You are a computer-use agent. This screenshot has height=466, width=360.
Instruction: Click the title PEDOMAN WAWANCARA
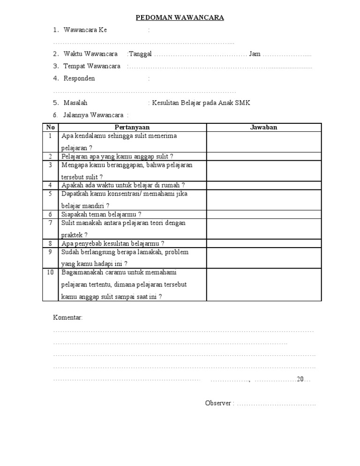pos(180,18)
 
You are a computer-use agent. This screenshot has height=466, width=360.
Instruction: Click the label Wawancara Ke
pos(85,30)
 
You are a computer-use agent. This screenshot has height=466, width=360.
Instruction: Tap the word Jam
pos(255,54)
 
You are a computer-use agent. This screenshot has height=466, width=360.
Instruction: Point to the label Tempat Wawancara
pos(91,66)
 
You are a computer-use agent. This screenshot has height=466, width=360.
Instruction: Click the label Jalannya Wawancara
pos(93,115)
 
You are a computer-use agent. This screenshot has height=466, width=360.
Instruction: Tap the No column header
pos(51,128)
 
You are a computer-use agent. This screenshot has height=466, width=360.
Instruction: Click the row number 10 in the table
pos(51,272)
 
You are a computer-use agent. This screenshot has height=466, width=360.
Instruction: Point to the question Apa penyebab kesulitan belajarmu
pos(112,243)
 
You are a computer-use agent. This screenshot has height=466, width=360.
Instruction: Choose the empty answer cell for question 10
pos(264,285)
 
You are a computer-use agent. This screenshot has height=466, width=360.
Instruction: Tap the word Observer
pos(218,403)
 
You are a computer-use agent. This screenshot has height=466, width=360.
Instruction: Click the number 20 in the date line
pos(300,379)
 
